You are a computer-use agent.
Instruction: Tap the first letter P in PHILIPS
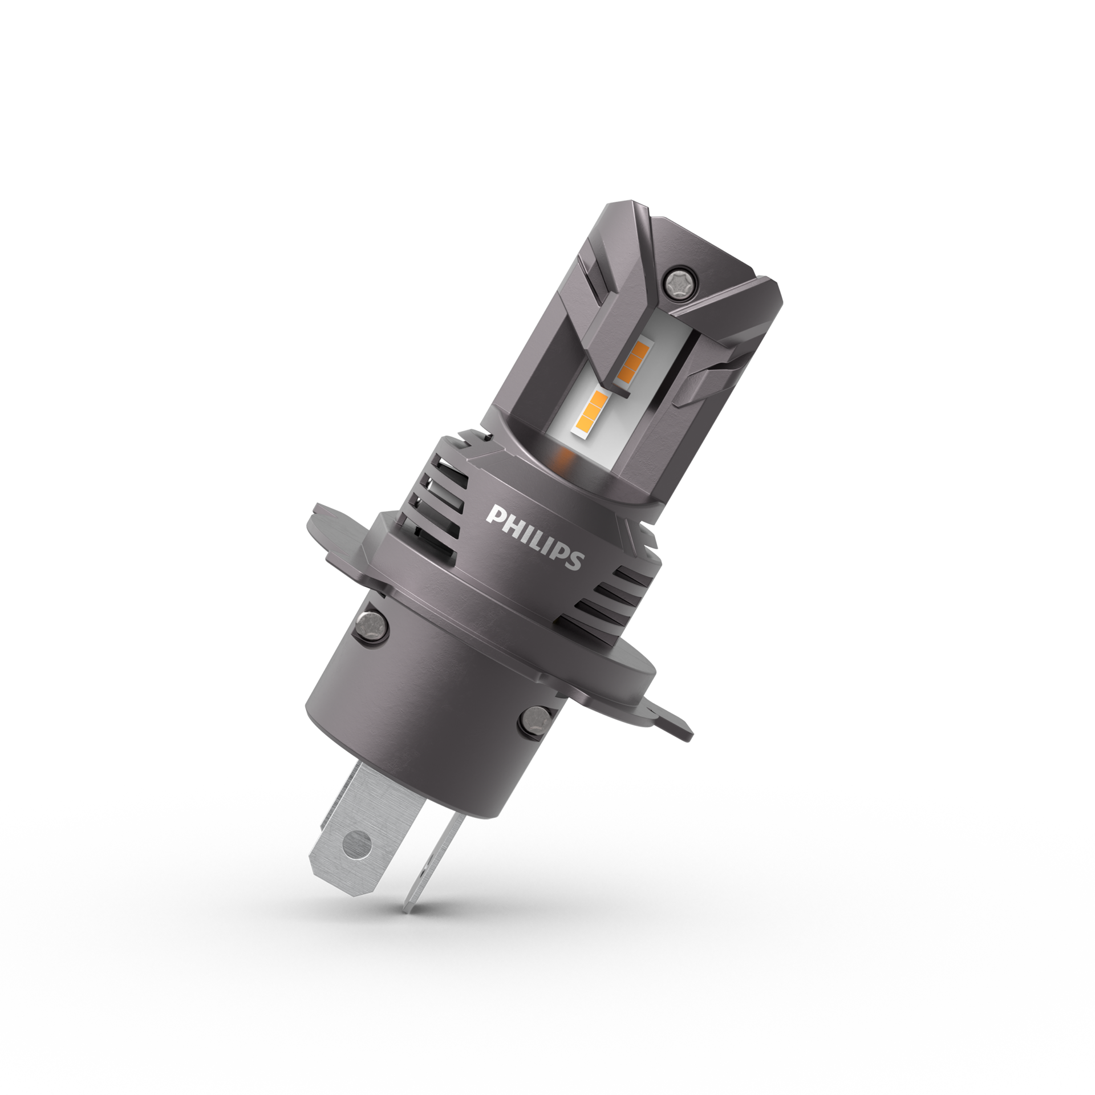[x=493, y=514]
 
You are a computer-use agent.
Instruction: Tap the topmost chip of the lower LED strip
[x=598, y=397]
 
